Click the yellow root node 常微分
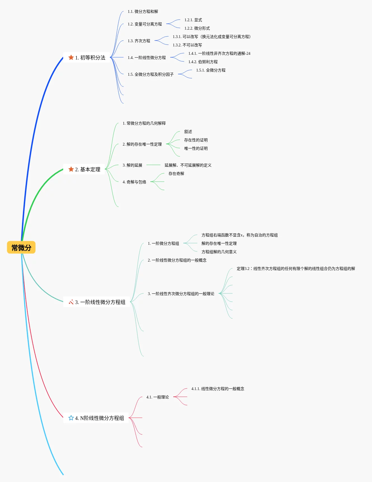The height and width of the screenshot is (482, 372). [x=21, y=248]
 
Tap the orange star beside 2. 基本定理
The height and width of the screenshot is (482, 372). [x=71, y=169]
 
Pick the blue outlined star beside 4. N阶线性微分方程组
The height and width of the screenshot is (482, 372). [x=71, y=418]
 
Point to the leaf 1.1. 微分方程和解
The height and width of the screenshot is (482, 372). [x=143, y=11]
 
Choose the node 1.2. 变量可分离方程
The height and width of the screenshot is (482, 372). [x=145, y=24]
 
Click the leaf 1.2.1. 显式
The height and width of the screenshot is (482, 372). [x=193, y=20]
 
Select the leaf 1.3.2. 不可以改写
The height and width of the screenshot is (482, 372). [x=187, y=45]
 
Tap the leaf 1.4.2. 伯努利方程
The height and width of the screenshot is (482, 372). [x=203, y=62]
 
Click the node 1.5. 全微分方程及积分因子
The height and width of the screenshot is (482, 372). [x=151, y=74]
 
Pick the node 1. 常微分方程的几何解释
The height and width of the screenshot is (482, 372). [x=144, y=123]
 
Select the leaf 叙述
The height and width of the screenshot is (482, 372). [x=188, y=132]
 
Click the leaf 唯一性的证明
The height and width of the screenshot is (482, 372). [x=196, y=148]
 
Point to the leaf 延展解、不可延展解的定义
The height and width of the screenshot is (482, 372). [x=188, y=165]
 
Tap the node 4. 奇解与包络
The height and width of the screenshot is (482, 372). [x=134, y=182]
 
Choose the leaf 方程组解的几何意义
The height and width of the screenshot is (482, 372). [x=219, y=252]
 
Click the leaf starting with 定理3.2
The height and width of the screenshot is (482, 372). [x=296, y=269]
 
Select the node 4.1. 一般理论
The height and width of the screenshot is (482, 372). [x=158, y=397]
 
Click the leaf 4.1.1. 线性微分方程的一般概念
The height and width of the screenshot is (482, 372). [x=218, y=389]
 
